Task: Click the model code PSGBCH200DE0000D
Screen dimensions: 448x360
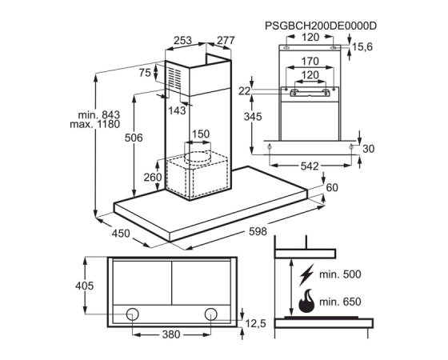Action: pyautogui.click(x=321, y=26)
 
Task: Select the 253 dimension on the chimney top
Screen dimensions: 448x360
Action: pyautogui.click(x=182, y=40)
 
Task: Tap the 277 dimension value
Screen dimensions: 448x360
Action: pyautogui.click(x=226, y=40)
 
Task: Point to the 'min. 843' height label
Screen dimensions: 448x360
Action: pyautogui.click(x=99, y=115)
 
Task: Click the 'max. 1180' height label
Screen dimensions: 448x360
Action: pyautogui.click(x=95, y=124)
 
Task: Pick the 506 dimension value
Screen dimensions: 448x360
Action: pyautogui.click(x=134, y=138)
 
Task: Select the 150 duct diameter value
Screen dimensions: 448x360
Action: pyautogui.click(x=201, y=134)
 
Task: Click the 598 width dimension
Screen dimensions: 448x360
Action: pyautogui.click(x=258, y=231)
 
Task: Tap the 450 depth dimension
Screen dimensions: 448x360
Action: pyautogui.click(x=121, y=234)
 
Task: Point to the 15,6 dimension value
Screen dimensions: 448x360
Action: pyautogui.click(x=362, y=47)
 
